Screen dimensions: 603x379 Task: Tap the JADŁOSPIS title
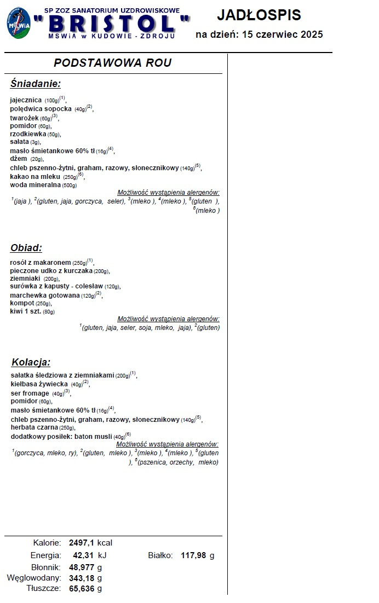259,15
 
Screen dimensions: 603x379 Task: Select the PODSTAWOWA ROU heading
113,63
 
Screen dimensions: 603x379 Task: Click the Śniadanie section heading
36,84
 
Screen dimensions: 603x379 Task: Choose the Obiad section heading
26,248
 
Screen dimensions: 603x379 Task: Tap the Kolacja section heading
31,362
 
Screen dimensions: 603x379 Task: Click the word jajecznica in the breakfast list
26,100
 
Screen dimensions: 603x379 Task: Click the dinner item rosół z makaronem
41,263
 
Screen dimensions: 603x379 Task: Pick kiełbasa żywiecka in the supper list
39,384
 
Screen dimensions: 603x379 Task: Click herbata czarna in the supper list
35,427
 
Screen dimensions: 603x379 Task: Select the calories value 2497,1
82,543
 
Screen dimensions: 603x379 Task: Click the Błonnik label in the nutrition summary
45,567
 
